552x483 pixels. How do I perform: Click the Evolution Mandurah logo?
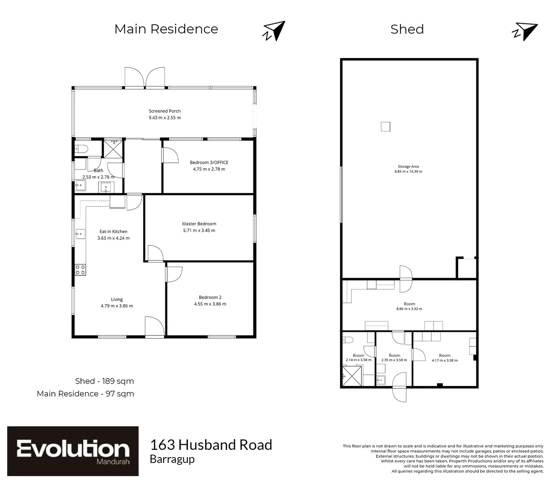(73, 451)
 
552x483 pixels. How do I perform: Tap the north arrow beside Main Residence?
(274, 31)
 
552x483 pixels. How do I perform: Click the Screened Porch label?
(164, 111)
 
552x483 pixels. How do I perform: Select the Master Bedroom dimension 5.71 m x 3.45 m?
(199, 231)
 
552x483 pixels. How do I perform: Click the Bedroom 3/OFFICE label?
(209, 162)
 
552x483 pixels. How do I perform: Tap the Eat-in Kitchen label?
(113, 232)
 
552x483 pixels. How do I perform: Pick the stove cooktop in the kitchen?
(80, 269)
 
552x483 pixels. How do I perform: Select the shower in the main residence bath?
(113, 148)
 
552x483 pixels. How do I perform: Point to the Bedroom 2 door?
(173, 274)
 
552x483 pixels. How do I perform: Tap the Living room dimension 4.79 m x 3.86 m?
(117, 306)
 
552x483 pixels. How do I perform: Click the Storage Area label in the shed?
(408, 166)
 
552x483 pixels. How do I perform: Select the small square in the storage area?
(386, 127)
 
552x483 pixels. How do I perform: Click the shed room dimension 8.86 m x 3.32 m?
(409, 309)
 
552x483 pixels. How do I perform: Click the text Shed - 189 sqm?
(104, 381)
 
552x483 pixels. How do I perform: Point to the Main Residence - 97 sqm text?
(85, 394)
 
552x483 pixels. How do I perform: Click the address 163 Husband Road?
(211, 445)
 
